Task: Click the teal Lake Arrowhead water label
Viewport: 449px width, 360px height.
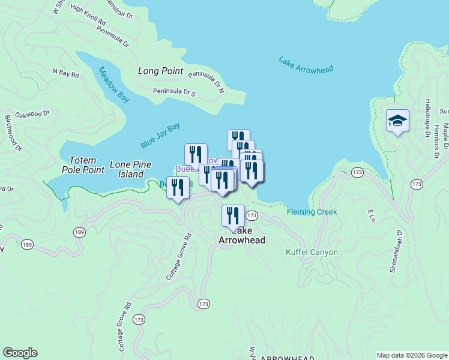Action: pos(306,65)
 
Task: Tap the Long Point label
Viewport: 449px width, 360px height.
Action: pos(160,71)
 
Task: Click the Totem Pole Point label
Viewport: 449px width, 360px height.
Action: pos(87,165)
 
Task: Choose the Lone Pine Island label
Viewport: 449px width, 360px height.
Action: pos(127,169)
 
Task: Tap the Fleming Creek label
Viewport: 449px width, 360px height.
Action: pos(312,212)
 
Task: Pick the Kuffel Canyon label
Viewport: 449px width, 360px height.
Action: pos(312,252)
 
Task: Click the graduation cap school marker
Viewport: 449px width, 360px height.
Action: pos(397,121)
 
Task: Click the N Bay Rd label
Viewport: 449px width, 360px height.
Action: pos(66,74)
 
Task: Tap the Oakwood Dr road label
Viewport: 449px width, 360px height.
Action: pos(32,113)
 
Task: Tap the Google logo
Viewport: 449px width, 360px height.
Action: pos(20,353)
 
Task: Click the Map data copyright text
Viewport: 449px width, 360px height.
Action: pos(412,355)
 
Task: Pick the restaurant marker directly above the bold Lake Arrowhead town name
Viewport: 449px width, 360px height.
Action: pos(233,215)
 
